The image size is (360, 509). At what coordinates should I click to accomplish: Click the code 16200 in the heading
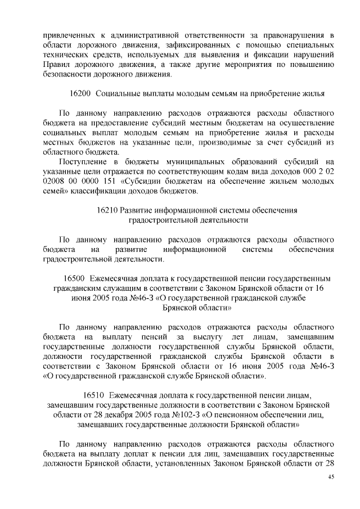(x=78, y=92)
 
